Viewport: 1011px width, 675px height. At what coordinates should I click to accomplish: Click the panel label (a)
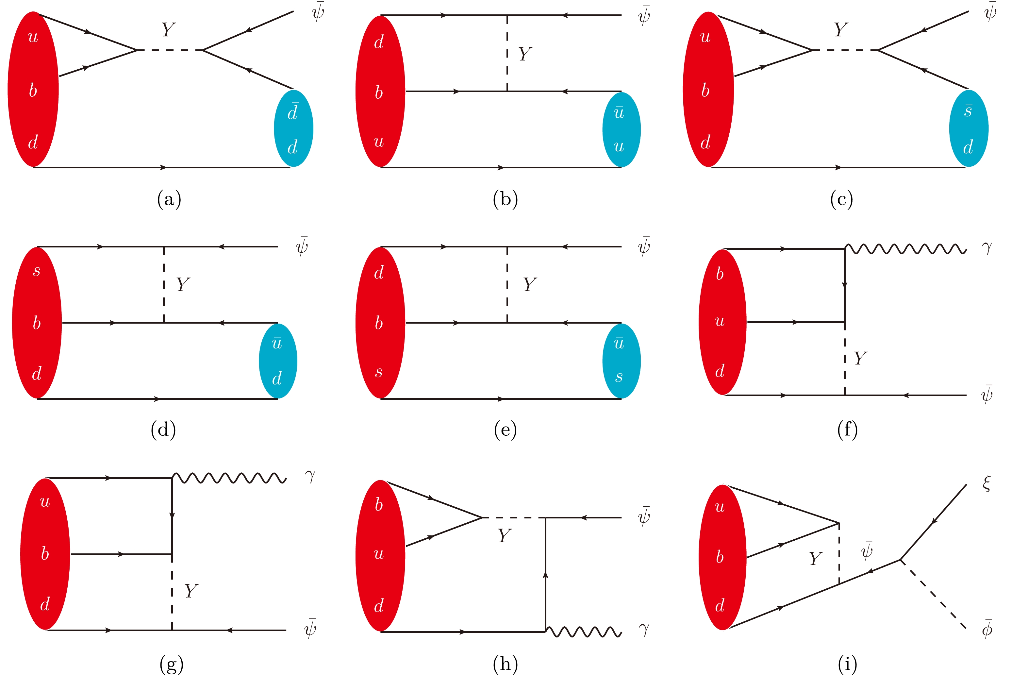169,199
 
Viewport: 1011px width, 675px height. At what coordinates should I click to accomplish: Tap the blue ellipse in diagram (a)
293,128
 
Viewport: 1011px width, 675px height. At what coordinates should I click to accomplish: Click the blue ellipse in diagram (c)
969,128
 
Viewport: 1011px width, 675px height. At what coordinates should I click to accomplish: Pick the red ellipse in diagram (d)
37,323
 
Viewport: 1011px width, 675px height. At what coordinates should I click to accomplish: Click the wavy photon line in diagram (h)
583,632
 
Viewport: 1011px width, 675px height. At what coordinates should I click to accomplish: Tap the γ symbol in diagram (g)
310,476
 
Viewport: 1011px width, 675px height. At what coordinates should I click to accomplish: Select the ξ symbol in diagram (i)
987,483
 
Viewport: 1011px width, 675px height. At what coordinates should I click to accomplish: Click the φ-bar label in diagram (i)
987,629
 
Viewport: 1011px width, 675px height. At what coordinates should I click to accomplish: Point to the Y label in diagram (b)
525,54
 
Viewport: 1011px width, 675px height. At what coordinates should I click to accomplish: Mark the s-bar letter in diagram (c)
968,110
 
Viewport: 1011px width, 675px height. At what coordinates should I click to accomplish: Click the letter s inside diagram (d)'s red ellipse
37,271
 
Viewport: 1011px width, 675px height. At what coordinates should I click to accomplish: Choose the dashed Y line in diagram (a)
170,50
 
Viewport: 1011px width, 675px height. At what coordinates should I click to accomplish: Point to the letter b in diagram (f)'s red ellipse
720,274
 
